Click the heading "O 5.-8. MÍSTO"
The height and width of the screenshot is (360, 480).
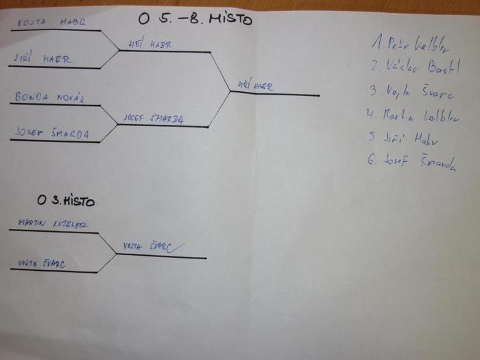(x=195, y=19)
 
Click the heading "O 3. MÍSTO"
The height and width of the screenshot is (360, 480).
(x=67, y=201)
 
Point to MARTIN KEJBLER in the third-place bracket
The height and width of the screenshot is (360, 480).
(x=53, y=224)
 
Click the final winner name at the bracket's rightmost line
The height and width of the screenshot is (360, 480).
(x=254, y=86)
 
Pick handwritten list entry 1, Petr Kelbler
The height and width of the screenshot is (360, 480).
(x=409, y=45)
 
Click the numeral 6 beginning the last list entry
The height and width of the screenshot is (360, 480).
(x=371, y=162)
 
